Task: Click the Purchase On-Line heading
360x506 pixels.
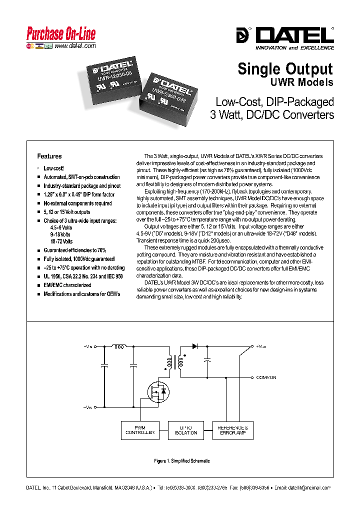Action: point(60,34)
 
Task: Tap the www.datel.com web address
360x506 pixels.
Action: point(74,46)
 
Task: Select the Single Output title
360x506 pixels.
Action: point(285,68)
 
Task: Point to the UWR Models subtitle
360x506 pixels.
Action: point(301,82)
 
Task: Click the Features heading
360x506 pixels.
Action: point(49,156)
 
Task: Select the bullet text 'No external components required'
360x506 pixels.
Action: point(77,203)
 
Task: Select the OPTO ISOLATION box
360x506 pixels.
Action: point(186,430)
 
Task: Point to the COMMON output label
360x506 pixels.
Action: point(265,377)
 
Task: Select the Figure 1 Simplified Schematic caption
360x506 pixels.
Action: point(181,460)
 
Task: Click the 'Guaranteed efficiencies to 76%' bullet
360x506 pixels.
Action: point(75,250)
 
